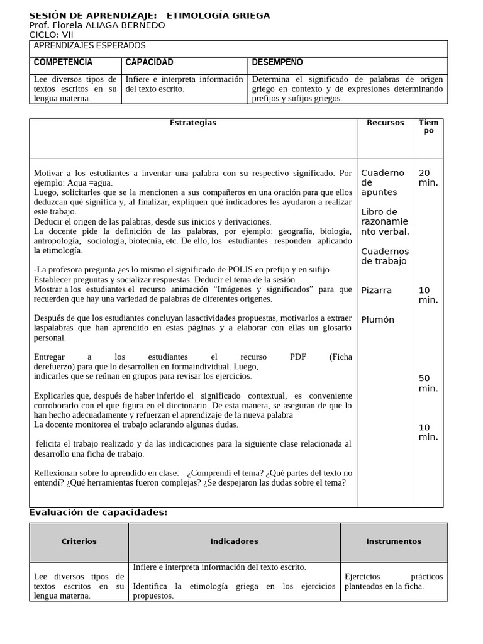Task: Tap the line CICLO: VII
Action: pos(52,35)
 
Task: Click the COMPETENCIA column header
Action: pos(63,62)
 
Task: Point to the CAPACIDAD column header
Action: pos(149,62)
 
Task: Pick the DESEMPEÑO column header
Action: pos(277,62)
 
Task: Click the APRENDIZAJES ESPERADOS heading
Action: pos(89,46)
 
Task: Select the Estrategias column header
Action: pos(193,123)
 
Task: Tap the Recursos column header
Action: pos(385,123)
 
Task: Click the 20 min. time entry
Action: pos(428,177)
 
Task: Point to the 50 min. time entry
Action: pos(428,383)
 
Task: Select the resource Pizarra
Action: pos(376,291)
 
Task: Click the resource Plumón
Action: pos(377,319)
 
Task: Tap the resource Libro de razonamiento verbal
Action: pos(384,221)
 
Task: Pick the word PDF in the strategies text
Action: pos(298,357)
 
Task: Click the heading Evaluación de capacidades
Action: pos(98,513)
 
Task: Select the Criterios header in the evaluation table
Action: pos(79,541)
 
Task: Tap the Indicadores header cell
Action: pos(234,541)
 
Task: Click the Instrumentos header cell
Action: pos(394,541)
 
